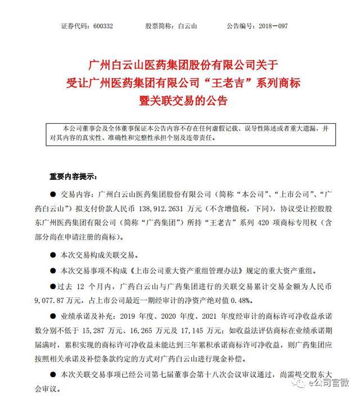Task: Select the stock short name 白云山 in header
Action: click(186, 26)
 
